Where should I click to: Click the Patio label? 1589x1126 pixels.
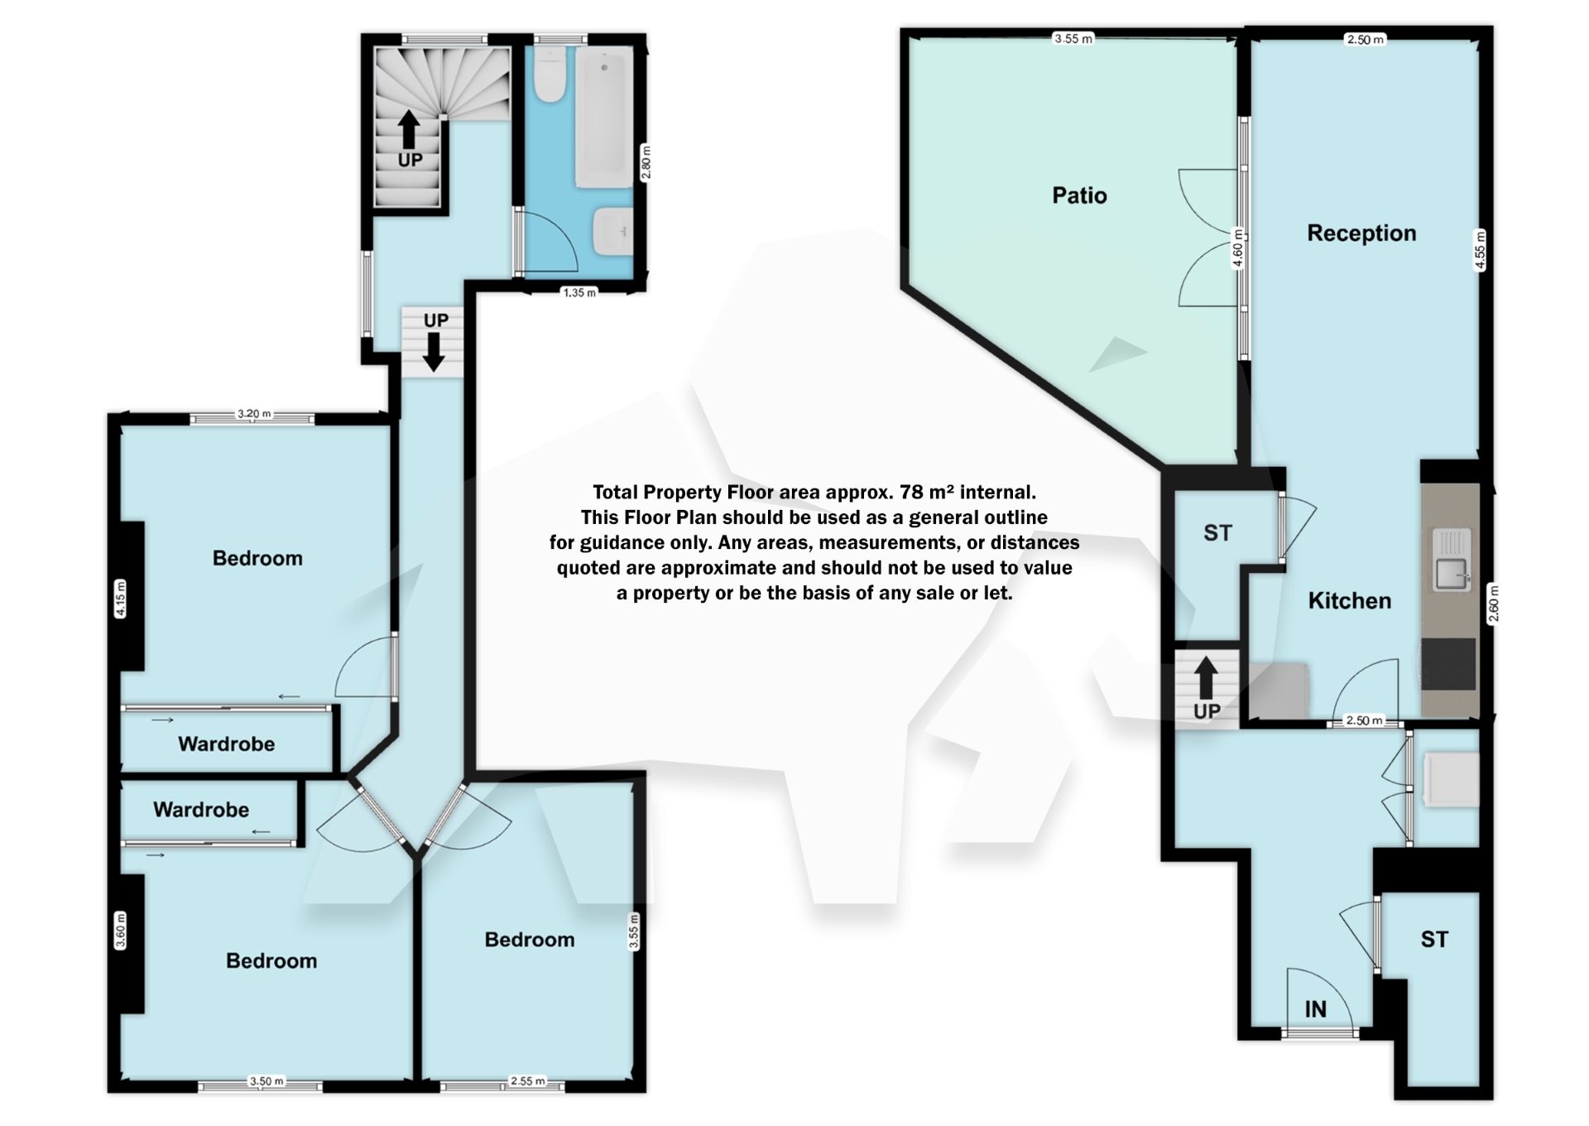(1079, 195)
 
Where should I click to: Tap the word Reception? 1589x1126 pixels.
(1361, 233)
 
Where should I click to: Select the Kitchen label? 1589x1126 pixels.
(1349, 601)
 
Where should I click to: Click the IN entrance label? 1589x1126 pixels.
(1315, 1009)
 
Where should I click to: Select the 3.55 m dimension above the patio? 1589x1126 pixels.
(1073, 38)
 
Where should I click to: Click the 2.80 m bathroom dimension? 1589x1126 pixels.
(646, 162)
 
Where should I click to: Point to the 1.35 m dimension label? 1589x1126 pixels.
(579, 292)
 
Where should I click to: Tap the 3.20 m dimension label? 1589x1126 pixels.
(254, 414)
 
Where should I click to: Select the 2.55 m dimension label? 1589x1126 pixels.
(527, 1081)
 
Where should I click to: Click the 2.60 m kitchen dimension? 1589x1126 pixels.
(1493, 604)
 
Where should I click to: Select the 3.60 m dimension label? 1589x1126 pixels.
(121, 931)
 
